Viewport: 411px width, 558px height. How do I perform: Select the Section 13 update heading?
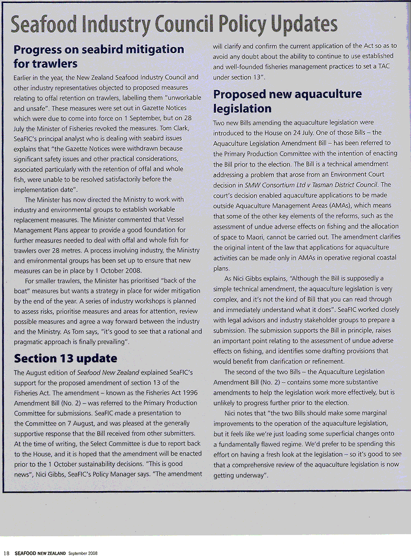coord(65,358)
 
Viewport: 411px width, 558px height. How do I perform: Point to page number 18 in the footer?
coord(6,553)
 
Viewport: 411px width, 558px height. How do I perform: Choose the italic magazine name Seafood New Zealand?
coord(108,373)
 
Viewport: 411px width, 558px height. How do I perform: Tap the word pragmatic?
coord(31,342)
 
